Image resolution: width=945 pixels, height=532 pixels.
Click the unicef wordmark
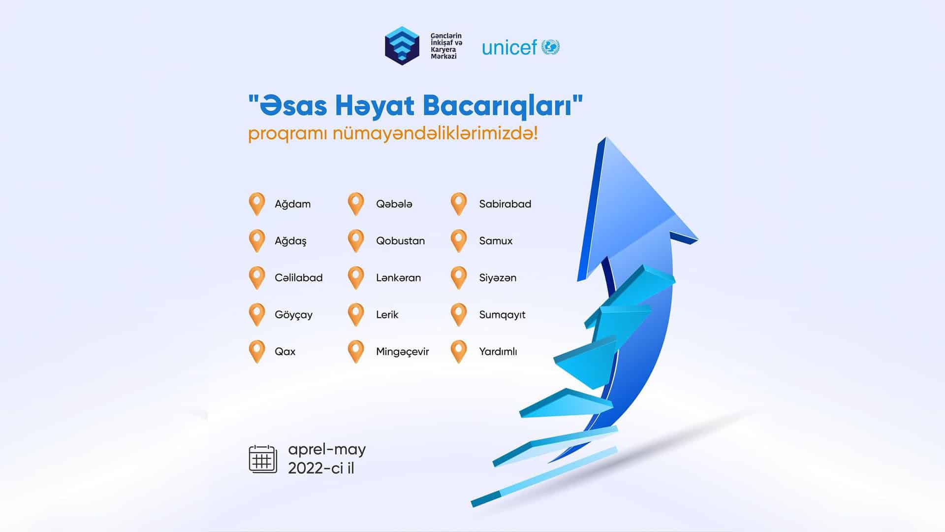(509, 48)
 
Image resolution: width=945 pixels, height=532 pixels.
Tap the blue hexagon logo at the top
(402, 46)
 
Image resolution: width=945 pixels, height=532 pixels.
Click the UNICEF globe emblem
(551, 47)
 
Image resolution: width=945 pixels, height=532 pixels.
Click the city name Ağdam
(292, 204)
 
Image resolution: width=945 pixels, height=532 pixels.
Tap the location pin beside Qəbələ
(355, 204)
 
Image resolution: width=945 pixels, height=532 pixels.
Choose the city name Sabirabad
(505, 204)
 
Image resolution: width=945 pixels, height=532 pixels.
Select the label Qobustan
(400, 241)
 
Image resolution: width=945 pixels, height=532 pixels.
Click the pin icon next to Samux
(458, 241)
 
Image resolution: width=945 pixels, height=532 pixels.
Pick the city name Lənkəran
(398, 278)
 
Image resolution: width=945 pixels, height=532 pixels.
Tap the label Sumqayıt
(502, 315)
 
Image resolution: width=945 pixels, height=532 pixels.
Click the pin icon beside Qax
(257, 352)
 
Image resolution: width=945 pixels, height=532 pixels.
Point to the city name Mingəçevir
(402, 352)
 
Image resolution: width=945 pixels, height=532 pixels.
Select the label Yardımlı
(498, 352)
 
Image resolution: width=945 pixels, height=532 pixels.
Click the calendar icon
(263, 459)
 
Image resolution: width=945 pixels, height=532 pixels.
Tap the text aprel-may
(327, 450)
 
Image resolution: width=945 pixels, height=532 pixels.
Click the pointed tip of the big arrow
(605, 138)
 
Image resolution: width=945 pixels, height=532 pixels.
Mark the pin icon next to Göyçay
(257, 315)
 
